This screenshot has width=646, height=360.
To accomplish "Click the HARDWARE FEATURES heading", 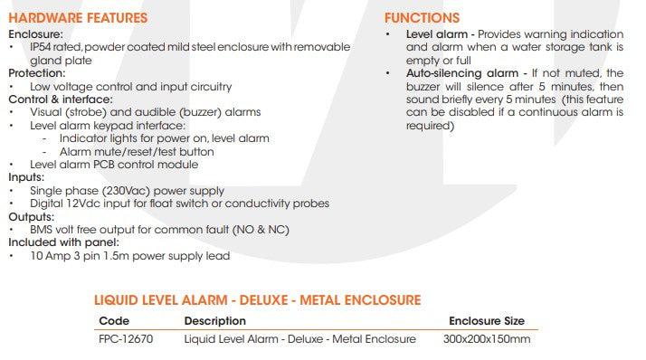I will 77,18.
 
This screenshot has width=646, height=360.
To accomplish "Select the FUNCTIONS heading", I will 422,18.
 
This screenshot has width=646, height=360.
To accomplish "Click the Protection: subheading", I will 36,73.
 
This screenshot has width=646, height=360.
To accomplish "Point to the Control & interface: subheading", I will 61,99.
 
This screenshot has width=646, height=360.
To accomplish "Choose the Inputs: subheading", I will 26,178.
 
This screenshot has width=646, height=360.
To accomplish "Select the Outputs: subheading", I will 30,217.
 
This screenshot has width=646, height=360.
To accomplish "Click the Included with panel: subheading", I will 63,242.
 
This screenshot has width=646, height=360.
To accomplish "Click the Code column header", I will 114,321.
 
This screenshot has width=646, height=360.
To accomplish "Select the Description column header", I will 214,321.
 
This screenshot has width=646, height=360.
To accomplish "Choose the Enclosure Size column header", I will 486,321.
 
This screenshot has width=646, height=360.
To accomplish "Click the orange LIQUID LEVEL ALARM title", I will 258,299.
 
